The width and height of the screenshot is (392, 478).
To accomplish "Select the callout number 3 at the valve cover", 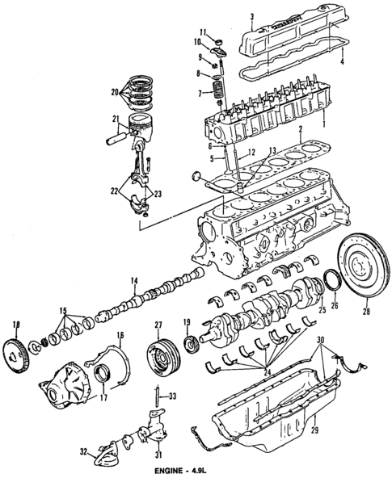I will [251, 15].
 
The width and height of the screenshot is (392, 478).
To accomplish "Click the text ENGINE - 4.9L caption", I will [195, 470].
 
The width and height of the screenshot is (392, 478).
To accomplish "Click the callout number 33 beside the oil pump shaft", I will [171, 396].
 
